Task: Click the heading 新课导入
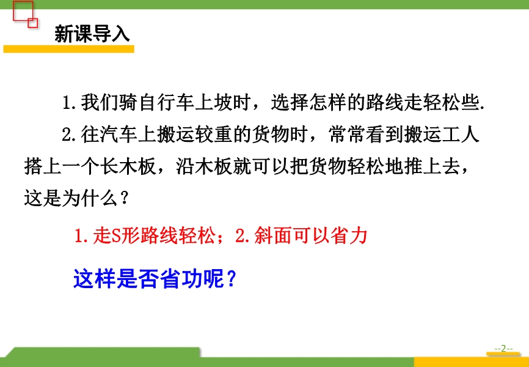point(92,34)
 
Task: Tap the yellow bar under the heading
point(69,49)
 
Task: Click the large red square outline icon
point(23,11)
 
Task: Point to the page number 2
point(504,349)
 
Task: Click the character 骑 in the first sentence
point(128,103)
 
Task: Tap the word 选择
point(290,103)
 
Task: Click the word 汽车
point(119,135)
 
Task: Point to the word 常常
point(348,135)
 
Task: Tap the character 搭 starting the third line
point(34,166)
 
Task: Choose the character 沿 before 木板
point(185,166)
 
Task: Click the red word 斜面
point(273,236)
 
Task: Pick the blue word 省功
point(180,279)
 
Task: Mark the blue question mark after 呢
point(230,279)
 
